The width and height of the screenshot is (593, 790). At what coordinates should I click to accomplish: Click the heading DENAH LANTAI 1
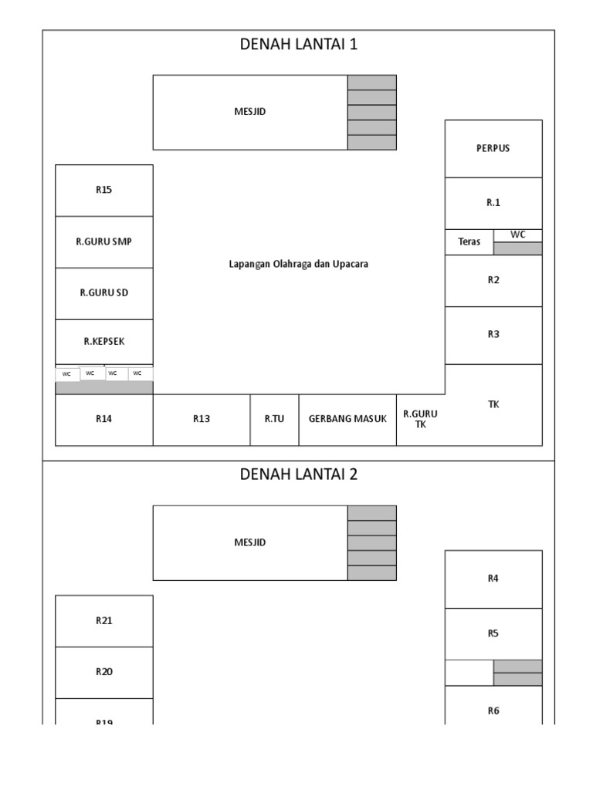point(298,44)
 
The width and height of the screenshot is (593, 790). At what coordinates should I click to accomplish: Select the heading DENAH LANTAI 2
point(298,474)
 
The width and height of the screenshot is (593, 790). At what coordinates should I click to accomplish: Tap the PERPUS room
point(493,148)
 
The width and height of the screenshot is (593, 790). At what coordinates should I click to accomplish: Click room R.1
point(493,203)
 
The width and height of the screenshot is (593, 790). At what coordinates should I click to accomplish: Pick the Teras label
point(469,241)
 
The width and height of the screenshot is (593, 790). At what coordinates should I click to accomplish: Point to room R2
point(493,280)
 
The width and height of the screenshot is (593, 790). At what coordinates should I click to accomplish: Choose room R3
point(493,334)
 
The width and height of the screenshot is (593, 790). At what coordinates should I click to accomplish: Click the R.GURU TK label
point(415,419)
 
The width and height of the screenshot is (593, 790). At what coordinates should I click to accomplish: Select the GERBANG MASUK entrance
point(347,419)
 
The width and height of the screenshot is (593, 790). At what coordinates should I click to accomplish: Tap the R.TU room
point(274,419)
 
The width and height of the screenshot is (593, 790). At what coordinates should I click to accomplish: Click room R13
point(202,419)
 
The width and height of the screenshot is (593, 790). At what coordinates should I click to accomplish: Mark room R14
point(104,419)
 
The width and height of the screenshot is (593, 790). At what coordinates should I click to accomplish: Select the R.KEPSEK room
point(104,341)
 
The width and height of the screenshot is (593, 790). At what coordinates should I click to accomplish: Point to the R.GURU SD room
point(104,292)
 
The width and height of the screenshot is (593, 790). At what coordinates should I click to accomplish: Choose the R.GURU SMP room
point(104,241)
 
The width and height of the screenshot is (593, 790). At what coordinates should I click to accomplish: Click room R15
point(104,190)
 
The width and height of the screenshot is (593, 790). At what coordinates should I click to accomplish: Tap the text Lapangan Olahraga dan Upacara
point(299,264)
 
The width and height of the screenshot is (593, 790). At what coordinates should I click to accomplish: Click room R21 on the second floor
point(104,620)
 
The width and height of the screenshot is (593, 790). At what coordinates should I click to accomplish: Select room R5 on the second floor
point(493,633)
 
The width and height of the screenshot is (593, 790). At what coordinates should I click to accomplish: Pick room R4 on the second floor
point(493,579)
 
